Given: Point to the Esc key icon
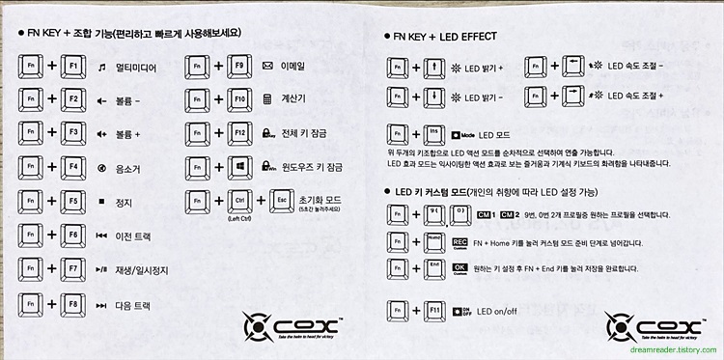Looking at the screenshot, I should pos(282,201).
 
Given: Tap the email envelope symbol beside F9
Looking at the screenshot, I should pos(267,66).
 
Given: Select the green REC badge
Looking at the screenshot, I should pos(459,240).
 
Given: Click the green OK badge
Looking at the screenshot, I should pos(459,267).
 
